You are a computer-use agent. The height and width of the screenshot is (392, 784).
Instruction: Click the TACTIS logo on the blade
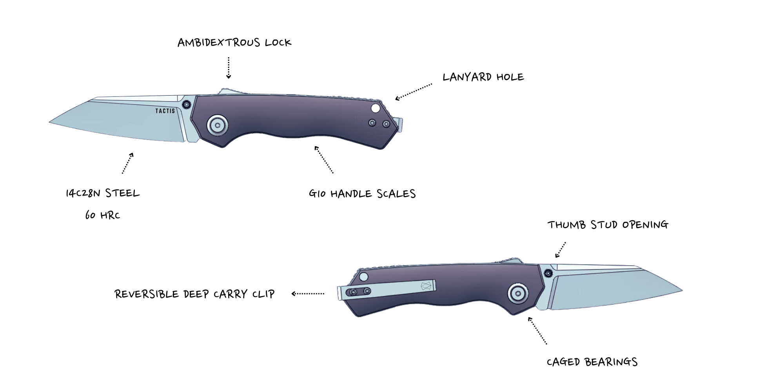pyautogui.click(x=165, y=111)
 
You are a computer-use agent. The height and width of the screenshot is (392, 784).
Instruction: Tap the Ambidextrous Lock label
pyautogui.click(x=234, y=42)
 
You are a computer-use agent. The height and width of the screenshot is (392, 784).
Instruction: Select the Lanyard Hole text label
pyautogui.click(x=483, y=77)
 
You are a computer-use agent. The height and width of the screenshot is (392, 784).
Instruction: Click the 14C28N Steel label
pyautogui.click(x=103, y=193)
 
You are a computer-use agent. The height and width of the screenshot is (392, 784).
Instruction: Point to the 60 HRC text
pyautogui.click(x=103, y=215)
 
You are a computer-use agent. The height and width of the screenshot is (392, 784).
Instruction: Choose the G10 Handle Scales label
pyautogui.click(x=362, y=194)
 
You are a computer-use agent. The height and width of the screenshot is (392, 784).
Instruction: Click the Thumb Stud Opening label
pyautogui.click(x=608, y=225)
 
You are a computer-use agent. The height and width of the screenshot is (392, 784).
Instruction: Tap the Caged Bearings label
pyautogui.click(x=592, y=362)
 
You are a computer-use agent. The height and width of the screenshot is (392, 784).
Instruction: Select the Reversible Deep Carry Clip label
pyautogui.click(x=194, y=294)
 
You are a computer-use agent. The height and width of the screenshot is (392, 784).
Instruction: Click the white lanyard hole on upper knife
pyautogui.click(x=376, y=108)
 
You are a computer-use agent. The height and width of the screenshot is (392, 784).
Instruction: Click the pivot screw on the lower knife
pyautogui.click(x=518, y=293)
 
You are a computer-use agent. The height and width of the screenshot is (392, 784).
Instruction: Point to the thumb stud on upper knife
pyautogui.click(x=187, y=104)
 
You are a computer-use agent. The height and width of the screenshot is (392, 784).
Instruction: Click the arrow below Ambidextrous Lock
pyautogui.click(x=229, y=68)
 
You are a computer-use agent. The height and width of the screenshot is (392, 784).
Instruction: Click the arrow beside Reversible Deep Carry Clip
pyautogui.click(x=308, y=294)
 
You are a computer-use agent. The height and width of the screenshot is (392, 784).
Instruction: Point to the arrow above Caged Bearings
pyautogui.click(x=537, y=330)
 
